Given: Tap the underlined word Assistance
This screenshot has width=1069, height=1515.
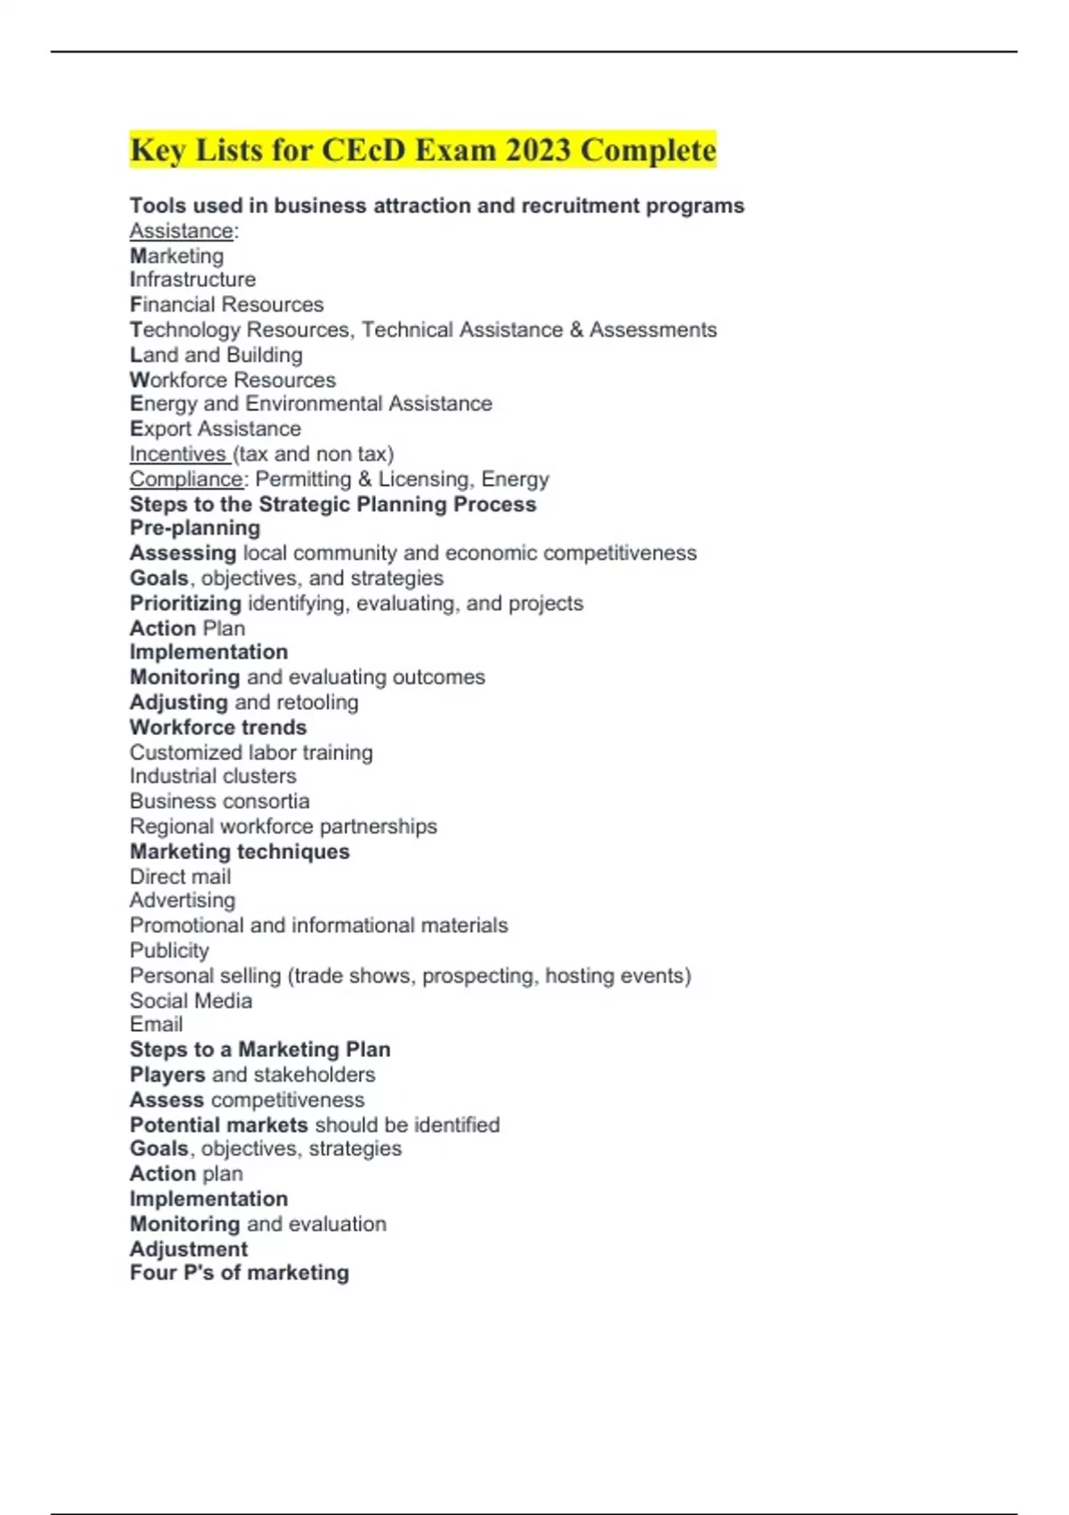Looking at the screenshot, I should pos(181,231).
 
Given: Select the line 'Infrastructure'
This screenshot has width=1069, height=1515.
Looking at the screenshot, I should pos(192,280).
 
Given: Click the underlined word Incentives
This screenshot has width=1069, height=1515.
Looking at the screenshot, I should pos(177,454).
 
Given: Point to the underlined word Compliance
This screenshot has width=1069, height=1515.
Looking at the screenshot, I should pos(185,479).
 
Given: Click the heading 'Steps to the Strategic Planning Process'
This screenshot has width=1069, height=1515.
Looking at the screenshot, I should pos(332,504).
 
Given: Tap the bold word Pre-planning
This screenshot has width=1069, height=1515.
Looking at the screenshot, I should pos(195,528).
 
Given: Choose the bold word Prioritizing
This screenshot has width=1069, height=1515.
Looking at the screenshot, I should pos(185,603).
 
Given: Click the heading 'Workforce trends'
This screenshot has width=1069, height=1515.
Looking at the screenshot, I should pos(218,727).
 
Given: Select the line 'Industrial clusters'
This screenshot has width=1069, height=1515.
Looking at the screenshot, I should pos(213,776).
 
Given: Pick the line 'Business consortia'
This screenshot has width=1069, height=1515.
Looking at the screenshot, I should pos(219,801).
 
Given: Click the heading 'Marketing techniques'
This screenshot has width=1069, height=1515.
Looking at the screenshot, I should pos(240,851).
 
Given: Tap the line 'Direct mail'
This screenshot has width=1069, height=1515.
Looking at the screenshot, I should pos(180,876).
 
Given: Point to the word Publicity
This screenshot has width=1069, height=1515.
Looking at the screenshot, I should pos(169,950).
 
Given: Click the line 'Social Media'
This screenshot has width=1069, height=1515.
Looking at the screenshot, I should pos(191,1001).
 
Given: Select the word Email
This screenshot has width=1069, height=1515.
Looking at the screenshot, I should pos(156,1025).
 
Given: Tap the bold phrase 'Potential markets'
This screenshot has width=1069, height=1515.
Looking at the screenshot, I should pos(218,1125).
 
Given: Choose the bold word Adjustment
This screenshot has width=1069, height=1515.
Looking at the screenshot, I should pos(189,1249).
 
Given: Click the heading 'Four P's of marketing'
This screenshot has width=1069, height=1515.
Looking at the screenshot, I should pos(239,1273).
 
